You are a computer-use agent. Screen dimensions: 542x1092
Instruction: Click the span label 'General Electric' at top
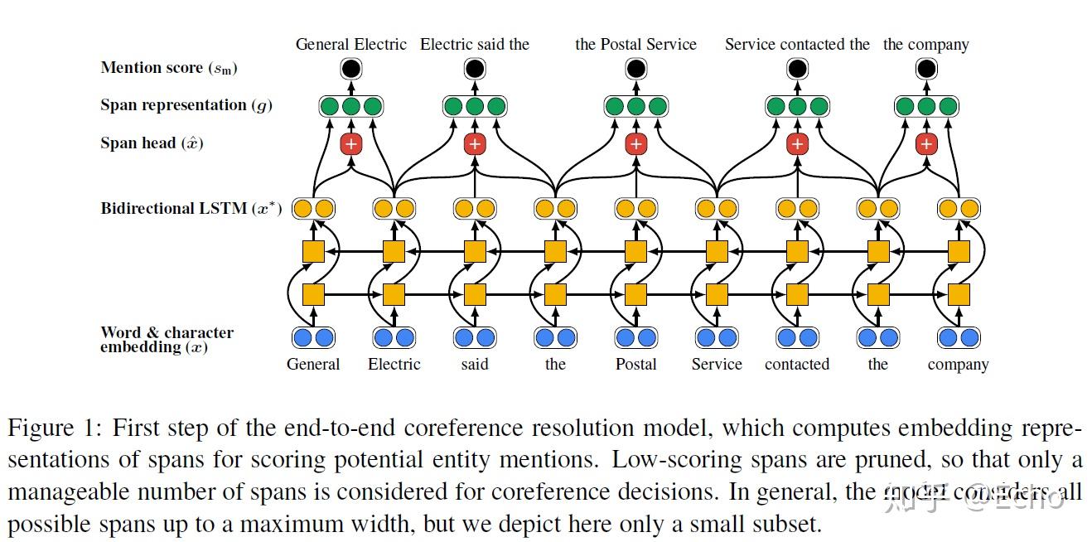pyautogui.click(x=351, y=45)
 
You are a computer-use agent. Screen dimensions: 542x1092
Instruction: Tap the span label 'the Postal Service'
pyautogui.click(x=635, y=45)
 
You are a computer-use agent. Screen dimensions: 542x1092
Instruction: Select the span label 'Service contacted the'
pyautogui.click(x=797, y=45)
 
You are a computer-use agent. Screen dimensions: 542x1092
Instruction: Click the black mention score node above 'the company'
pyautogui.click(x=926, y=69)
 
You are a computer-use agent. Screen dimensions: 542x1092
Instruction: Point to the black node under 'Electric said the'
pyautogui.click(x=474, y=69)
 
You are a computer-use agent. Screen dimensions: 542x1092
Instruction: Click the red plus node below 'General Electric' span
pyautogui.click(x=351, y=144)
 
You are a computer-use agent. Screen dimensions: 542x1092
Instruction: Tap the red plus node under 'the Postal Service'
pyautogui.click(x=635, y=144)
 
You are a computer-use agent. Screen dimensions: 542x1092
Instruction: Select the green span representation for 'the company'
pyautogui.click(x=926, y=106)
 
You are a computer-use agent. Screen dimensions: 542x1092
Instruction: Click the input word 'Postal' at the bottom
pyautogui.click(x=635, y=365)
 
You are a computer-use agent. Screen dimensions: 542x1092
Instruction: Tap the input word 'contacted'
pyautogui.click(x=797, y=365)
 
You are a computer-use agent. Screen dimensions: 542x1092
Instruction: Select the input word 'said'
pyautogui.click(x=474, y=365)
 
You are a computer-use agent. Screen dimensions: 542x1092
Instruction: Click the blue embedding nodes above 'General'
pyautogui.click(x=313, y=337)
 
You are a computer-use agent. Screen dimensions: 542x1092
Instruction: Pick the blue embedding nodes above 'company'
pyautogui.click(x=959, y=337)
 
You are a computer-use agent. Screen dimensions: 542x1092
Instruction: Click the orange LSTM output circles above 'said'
pyautogui.click(x=474, y=209)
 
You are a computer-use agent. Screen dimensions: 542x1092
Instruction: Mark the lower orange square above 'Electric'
pyautogui.click(x=394, y=294)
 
